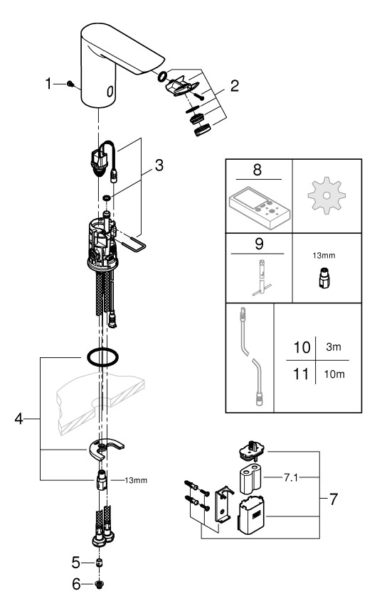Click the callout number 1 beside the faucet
tap(48, 83)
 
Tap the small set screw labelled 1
tap(70, 83)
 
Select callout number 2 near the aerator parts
tap(235, 86)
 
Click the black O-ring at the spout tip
tap(162, 76)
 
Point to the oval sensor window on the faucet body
tap(110, 91)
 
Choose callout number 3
tap(159, 166)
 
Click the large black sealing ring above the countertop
tap(102, 357)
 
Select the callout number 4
tap(18, 419)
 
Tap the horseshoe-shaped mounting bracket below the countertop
tap(105, 449)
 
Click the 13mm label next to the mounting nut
tap(136, 480)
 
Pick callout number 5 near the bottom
tap(76, 563)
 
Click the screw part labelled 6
tap(99, 585)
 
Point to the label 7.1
tap(291, 477)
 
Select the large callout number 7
tap(333, 499)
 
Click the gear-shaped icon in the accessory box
tap(326, 195)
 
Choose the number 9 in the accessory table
tap(259, 244)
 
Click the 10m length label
tap(334, 374)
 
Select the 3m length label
tap(334, 347)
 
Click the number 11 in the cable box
tap(301, 374)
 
